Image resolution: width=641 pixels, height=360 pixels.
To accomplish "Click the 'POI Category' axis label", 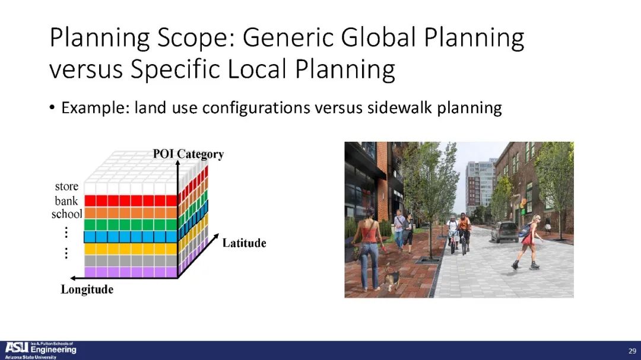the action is pyautogui.click(x=188, y=154).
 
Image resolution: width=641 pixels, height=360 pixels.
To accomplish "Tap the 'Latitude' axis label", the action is pyautogui.click(x=244, y=243).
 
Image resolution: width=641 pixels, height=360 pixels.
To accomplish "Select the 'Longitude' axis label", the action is pyautogui.click(x=87, y=289).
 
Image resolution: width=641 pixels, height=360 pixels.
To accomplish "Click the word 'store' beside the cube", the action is pyautogui.click(x=66, y=186).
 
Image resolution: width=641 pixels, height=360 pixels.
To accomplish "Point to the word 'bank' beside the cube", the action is pyautogui.click(x=66, y=200).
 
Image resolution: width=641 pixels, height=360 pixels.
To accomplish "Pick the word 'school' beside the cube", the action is pyautogui.click(x=66, y=214).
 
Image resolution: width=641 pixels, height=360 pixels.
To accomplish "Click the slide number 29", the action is pyautogui.click(x=632, y=351).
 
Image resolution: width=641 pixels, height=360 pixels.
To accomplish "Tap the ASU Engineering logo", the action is pyautogui.click(x=40, y=350).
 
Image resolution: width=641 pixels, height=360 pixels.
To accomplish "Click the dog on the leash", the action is pyautogui.click(x=391, y=278).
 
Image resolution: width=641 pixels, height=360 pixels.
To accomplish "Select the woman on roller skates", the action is pyautogui.click(x=528, y=243).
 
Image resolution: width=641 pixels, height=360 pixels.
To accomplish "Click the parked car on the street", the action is pyautogui.click(x=504, y=232).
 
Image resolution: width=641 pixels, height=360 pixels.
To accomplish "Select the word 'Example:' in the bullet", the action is pyautogui.click(x=95, y=109).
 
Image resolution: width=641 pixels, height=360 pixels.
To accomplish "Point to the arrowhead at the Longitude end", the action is pyautogui.click(x=74, y=278).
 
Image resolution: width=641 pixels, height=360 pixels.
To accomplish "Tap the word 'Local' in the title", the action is pyautogui.click(x=257, y=69).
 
